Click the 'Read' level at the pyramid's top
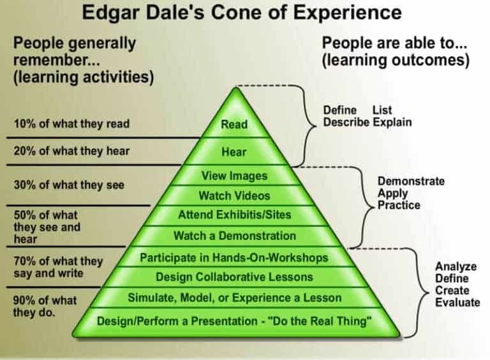[234, 124]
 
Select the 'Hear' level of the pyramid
[234, 153]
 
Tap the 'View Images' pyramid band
[234, 176]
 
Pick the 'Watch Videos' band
[234, 195]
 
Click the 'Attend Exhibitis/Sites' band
[234, 216]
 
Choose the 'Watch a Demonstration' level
[234, 236]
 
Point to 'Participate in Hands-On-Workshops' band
[234, 258]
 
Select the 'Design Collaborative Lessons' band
[234, 277]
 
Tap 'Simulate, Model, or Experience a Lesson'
[234, 297]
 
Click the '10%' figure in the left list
[25, 124]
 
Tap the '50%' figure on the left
[25, 215]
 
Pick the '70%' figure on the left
[25, 261]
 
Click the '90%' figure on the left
[25, 300]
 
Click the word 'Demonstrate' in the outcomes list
[411, 181]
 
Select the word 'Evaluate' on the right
[457, 302]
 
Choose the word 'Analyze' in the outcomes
[454, 266]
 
